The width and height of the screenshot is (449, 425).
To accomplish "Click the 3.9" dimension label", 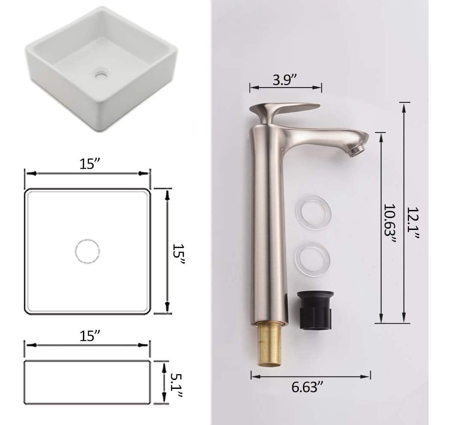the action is coord(284,80).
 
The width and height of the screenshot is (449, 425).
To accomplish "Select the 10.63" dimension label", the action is coord(389,224).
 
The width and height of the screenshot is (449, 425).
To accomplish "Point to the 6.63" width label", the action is coord(307,387).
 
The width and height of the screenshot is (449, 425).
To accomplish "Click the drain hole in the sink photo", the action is coord(100,74).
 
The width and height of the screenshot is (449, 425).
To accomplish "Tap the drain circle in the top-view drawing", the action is coord(87,251).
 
